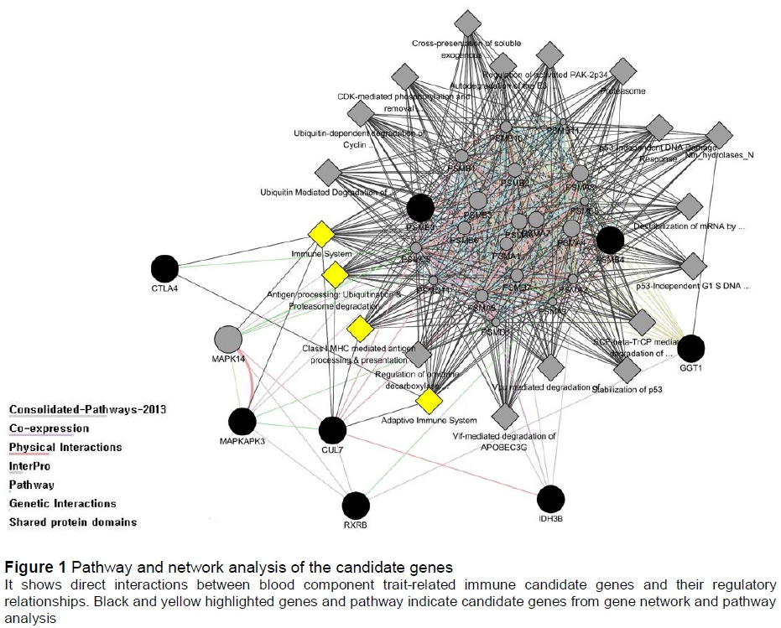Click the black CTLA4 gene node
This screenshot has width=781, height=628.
pyautogui.click(x=165, y=269)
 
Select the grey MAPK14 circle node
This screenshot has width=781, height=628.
pyautogui.click(x=228, y=340)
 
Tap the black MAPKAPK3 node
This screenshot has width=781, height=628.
pyautogui.click(x=242, y=422)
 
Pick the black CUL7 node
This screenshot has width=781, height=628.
pyautogui.click(x=333, y=430)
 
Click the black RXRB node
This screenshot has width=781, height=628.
pyautogui.click(x=356, y=506)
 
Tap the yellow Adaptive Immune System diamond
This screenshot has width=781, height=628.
pyautogui.click(x=429, y=402)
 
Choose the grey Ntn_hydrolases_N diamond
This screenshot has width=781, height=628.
pyautogui.click(x=719, y=134)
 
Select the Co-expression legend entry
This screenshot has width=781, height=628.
pyautogui.click(x=49, y=428)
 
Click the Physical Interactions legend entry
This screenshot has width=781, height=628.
pyautogui.click(x=65, y=447)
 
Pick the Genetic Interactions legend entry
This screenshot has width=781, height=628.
pyautogui.click(x=62, y=503)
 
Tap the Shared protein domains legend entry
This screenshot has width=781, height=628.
pyautogui.click(x=72, y=522)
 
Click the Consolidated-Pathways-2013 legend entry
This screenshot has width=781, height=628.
pyautogui.click(x=87, y=409)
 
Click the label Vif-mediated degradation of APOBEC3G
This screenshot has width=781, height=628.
pyautogui.click(x=506, y=441)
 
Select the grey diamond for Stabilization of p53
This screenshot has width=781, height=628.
pyautogui.click(x=627, y=369)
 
